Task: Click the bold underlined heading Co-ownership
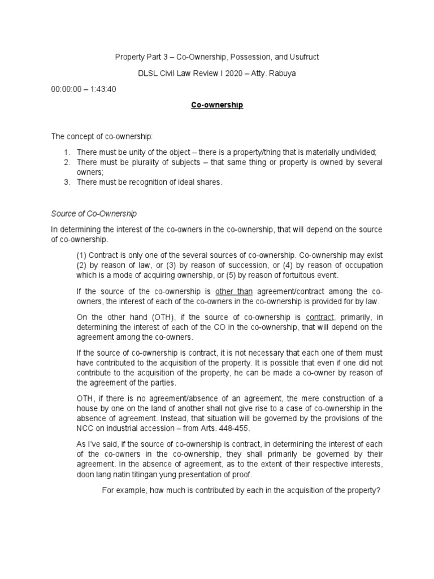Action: point(217,105)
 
